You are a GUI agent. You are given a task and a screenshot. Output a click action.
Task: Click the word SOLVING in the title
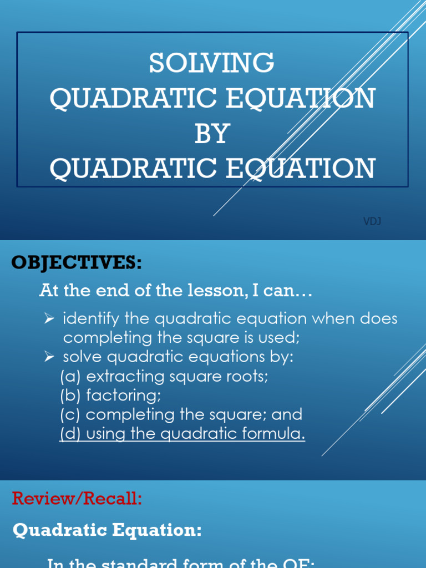point(212,63)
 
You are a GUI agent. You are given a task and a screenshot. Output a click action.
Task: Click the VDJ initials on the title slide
point(372,222)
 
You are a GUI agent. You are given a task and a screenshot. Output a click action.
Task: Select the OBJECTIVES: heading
point(77,262)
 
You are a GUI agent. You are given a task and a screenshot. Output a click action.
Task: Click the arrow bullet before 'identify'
point(49,319)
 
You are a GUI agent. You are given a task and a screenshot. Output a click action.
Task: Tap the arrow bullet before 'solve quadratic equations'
point(49,357)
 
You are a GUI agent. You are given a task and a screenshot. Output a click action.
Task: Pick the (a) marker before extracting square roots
point(70,377)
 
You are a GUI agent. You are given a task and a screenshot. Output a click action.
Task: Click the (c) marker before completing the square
point(70,415)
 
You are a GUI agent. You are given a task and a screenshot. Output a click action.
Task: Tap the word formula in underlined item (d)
point(275,434)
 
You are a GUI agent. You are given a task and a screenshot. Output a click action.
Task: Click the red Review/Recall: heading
point(77,499)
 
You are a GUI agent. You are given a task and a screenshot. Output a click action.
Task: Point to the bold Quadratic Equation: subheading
point(107,531)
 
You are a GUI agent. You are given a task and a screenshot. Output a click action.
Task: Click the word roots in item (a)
point(246,377)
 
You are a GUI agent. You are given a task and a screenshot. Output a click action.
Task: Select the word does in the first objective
point(379,319)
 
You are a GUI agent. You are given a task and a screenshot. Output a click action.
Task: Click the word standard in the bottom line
point(137,563)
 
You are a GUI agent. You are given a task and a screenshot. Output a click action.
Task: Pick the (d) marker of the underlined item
point(70,434)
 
